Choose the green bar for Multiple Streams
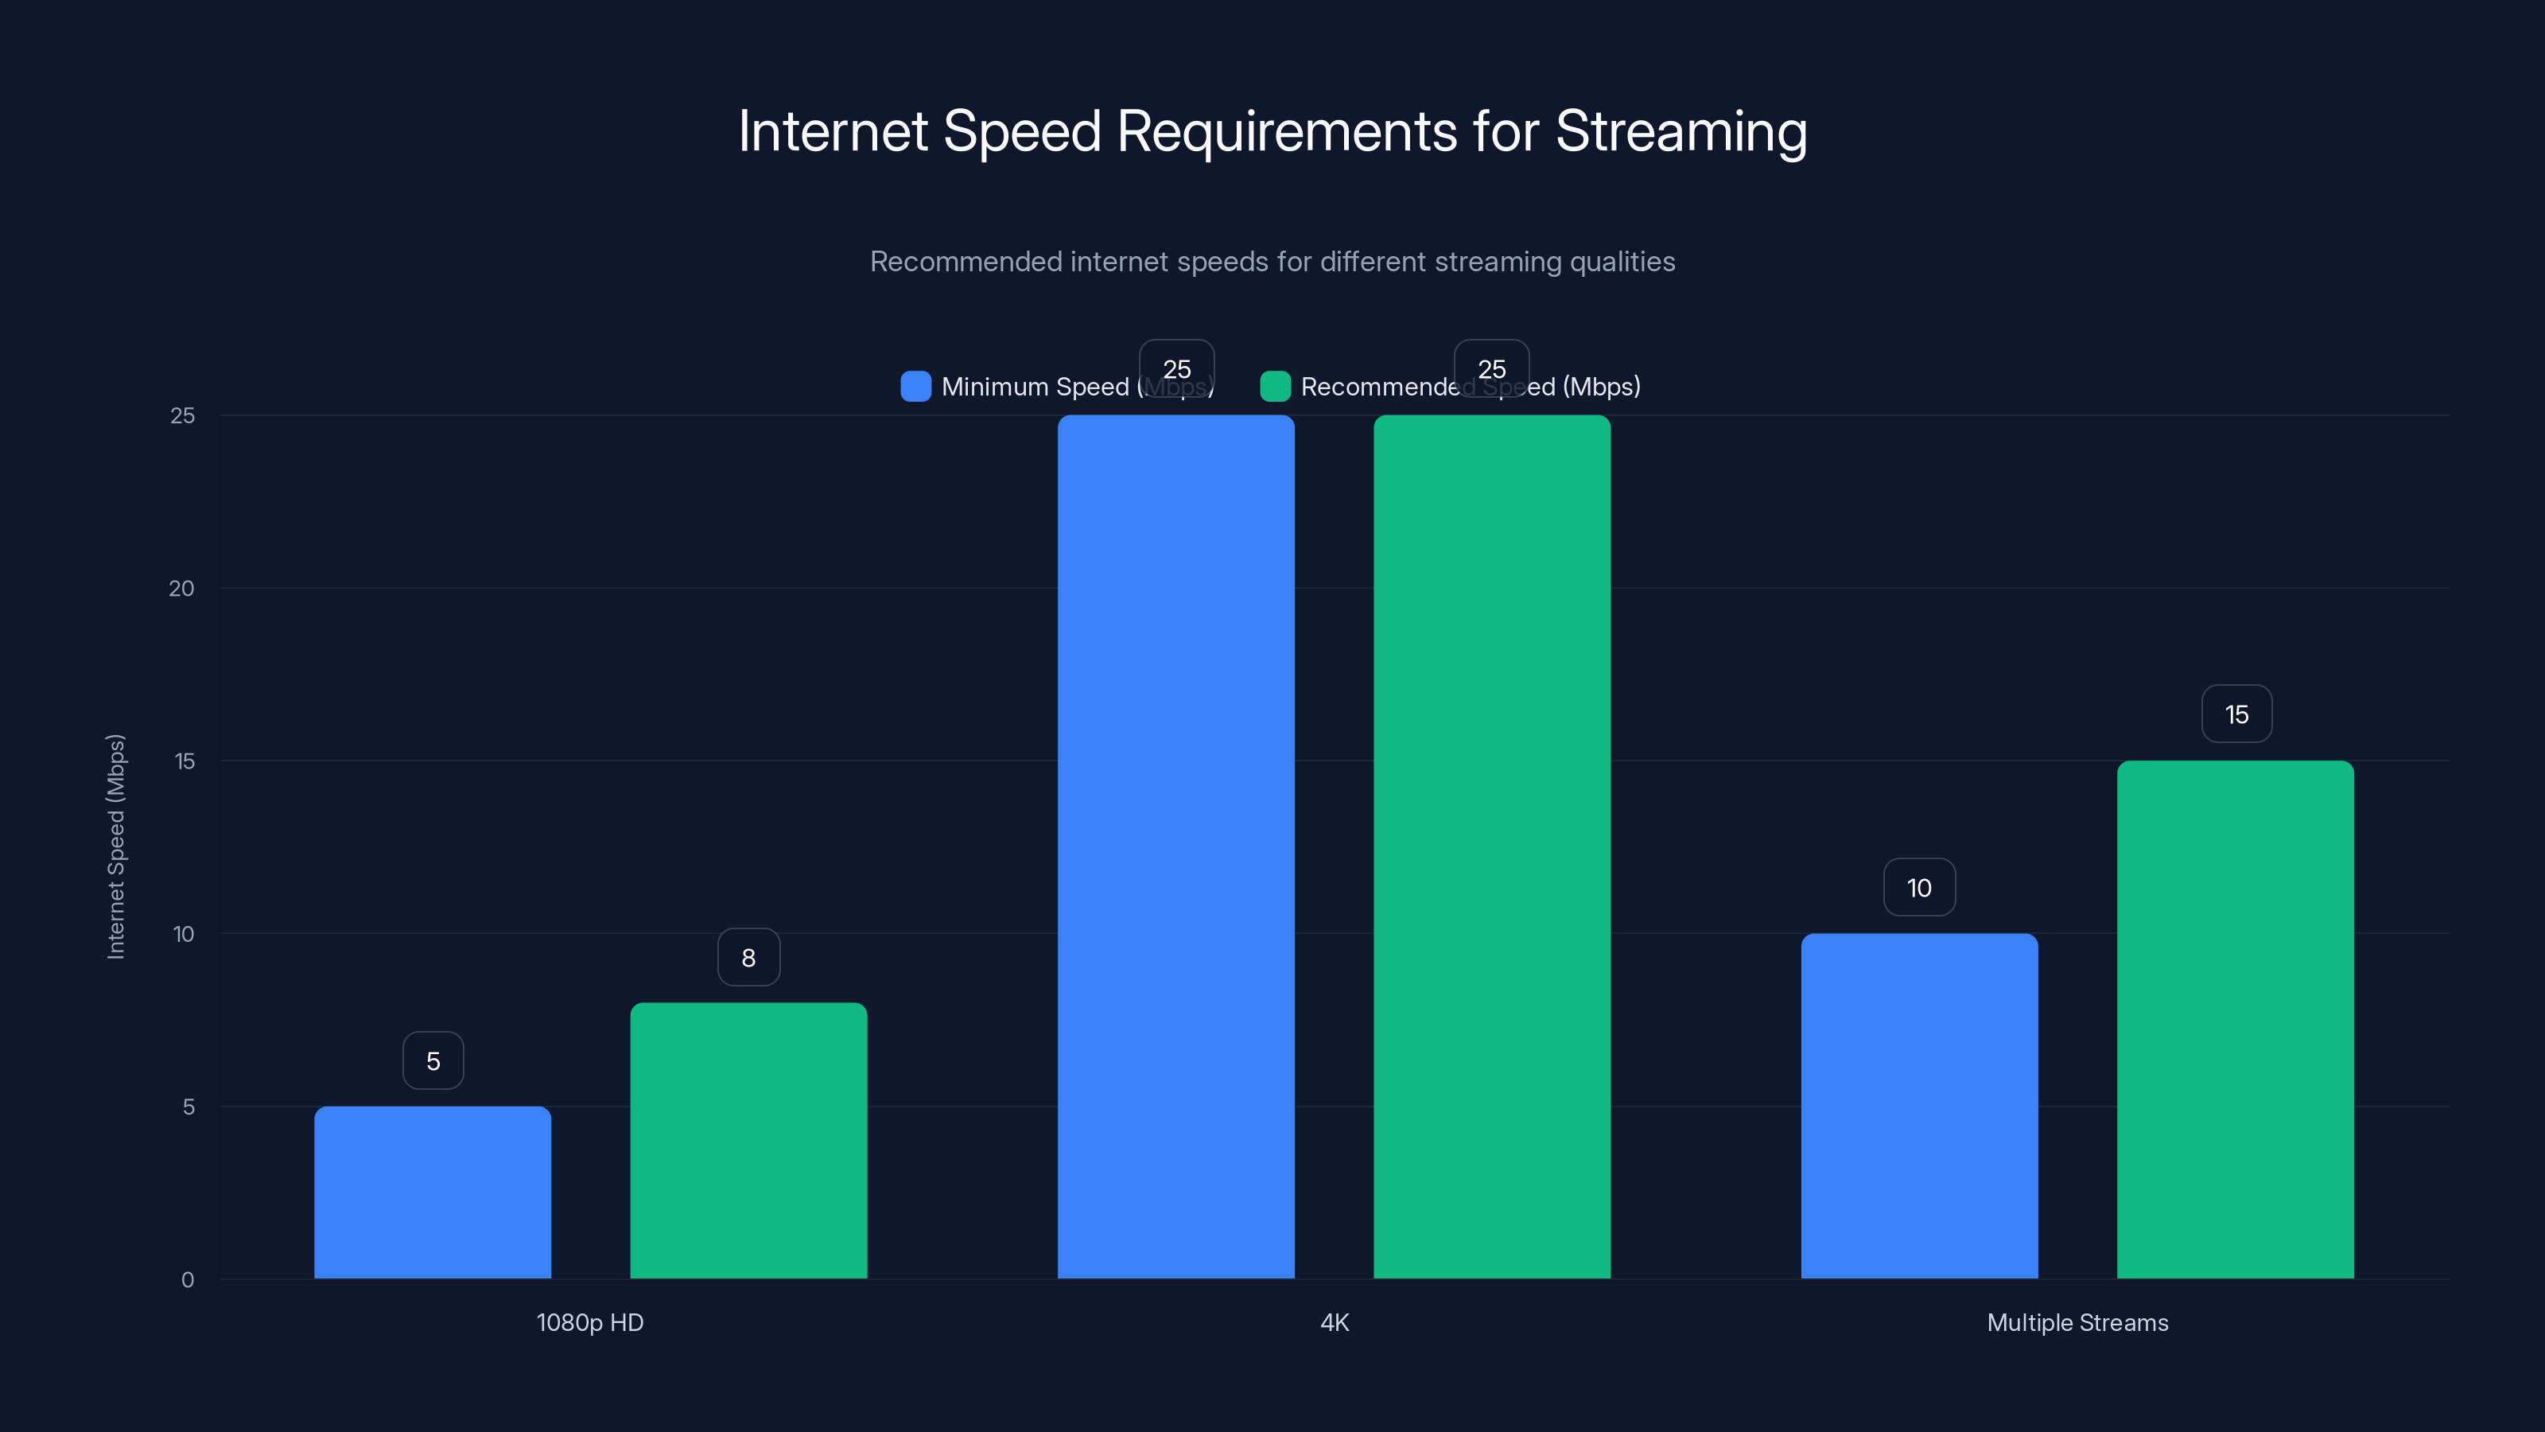coord(2235,1019)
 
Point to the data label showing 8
coord(748,956)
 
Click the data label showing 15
coord(2236,714)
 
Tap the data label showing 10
coord(1918,888)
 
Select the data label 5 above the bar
coord(433,1060)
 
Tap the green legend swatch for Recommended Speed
coord(1274,387)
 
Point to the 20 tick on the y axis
coord(182,588)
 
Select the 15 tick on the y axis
coord(184,761)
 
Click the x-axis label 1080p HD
coord(590,1322)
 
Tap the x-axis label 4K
coord(1334,1322)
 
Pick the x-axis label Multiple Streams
coord(2077,1322)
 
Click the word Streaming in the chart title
coord(1680,131)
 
